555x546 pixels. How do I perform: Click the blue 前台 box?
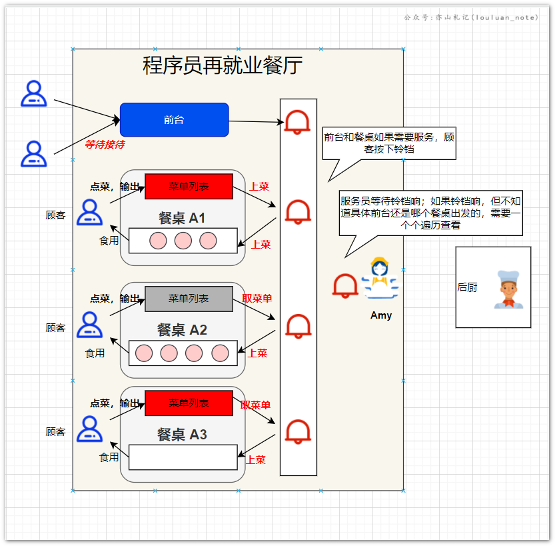click(x=174, y=120)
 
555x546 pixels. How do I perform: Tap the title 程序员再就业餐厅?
click(x=223, y=65)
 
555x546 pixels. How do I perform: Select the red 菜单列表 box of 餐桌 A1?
click(x=189, y=186)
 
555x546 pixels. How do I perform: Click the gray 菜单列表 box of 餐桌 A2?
click(x=189, y=299)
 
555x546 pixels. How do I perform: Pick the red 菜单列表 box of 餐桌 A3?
click(x=189, y=403)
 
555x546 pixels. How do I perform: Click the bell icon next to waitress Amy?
click(x=345, y=285)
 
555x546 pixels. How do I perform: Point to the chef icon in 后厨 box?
click(x=508, y=289)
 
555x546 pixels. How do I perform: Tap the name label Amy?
click(x=381, y=315)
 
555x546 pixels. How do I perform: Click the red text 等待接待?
click(x=104, y=144)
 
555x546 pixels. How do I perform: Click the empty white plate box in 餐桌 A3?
click(x=183, y=457)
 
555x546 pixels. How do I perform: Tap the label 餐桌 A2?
click(x=182, y=329)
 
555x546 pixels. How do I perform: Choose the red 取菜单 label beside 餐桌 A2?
click(x=257, y=299)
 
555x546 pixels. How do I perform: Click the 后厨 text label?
click(x=467, y=287)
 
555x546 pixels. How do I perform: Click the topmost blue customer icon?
click(x=33, y=94)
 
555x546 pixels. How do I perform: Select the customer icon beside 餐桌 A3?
click(x=89, y=429)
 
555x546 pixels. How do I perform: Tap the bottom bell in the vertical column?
click(x=298, y=431)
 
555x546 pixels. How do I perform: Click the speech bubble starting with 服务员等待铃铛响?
click(x=430, y=213)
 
